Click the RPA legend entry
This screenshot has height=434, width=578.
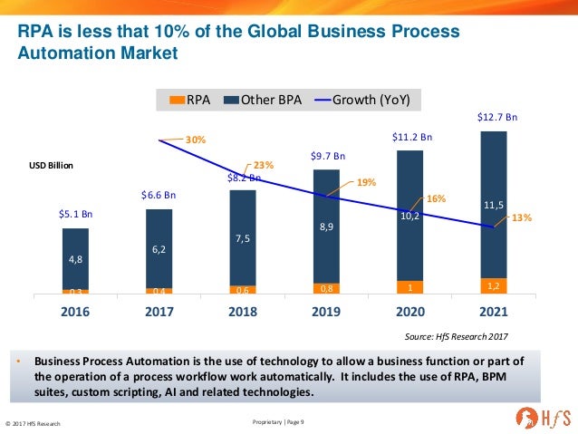coord(192,99)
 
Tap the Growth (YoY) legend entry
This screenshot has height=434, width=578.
coord(369,99)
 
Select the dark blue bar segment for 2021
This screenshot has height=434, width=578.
coord(494,205)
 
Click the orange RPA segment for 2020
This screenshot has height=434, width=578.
coord(409,287)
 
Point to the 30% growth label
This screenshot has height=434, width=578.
coord(197,140)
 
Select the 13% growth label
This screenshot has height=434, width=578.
coord(521,218)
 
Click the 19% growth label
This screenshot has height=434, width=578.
coord(366,182)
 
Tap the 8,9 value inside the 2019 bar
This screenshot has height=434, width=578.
coord(325,230)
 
